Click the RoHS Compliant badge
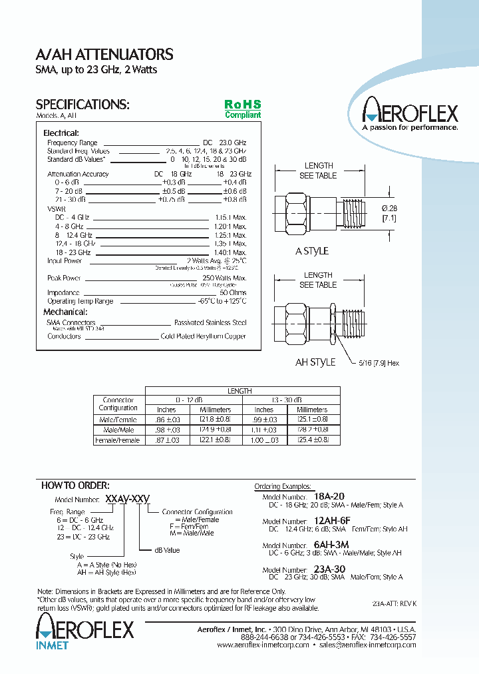tap(242, 109)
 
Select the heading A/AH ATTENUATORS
tap(104, 55)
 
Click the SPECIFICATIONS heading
tap(82, 105)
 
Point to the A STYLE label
tap(312, 251)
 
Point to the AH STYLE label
tap(315, 362)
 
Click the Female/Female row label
tap(118, 440)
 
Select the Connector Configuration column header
tap(118, 404)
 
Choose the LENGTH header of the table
tap(239, 391)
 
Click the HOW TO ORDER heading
tap(75, 485)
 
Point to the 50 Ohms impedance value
tap(233, 292)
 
